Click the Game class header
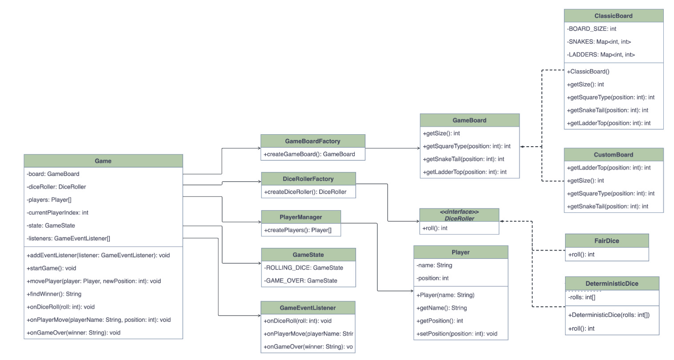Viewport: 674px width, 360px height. point(103,161)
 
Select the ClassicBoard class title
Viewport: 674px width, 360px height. point(613,16)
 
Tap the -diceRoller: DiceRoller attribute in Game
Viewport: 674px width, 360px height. point(56,187)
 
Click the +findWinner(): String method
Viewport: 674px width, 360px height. point(54,294)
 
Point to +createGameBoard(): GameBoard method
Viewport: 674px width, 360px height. point(309,154)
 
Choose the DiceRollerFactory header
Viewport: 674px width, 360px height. point(308,179)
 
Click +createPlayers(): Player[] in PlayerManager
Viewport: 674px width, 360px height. point(298,230)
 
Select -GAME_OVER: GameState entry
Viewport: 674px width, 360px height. point(301,280)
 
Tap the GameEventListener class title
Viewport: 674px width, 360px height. point(308,308)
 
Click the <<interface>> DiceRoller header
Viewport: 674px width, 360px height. point(459,215)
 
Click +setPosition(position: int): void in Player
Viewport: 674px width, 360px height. point(457,334)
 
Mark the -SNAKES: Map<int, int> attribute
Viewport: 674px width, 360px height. point(599,42)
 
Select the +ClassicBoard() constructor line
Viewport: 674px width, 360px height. point(588,72)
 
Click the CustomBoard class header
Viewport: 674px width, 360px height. point(613,155)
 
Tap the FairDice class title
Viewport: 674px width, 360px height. point(606,241)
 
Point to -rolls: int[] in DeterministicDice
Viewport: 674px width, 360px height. point(582,297)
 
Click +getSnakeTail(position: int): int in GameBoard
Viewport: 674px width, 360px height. point(463,159)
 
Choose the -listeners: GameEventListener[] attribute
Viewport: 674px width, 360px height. point(68,238)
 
